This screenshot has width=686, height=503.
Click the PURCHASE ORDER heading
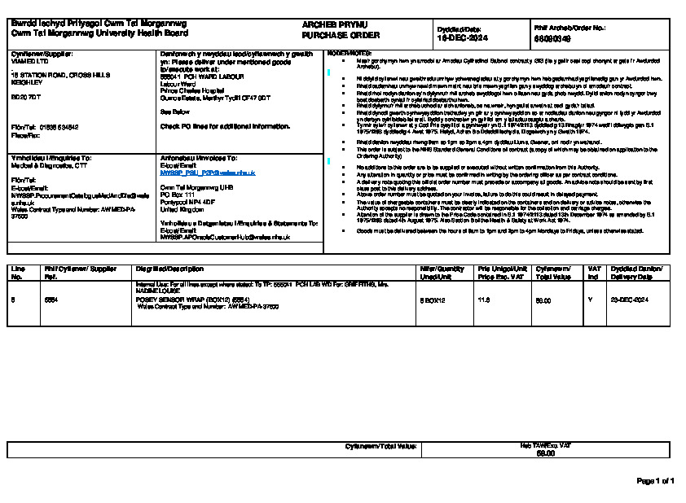tap(329, 36)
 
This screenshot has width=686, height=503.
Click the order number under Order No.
tap(552, 37)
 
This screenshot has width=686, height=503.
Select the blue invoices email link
tap(208, 173)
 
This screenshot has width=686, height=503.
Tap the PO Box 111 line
tap(178, 194)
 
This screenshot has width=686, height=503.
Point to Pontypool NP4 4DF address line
tap(187, 201)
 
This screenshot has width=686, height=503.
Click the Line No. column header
tap(18, 273)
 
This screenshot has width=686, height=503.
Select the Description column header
tap(169, 269)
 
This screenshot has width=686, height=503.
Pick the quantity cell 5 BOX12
tap(433, 300)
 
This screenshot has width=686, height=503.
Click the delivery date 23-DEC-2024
tap(629, 300)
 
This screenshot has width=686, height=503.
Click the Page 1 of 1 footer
tap(655, 481)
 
